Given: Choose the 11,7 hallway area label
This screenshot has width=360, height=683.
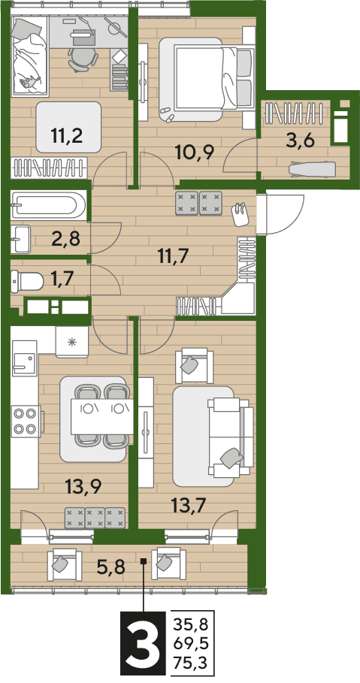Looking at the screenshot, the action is tap(174, 255).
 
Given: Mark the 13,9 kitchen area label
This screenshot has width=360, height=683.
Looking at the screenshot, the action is tap(83, 485).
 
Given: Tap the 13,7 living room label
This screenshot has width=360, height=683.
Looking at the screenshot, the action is tap(189, 507).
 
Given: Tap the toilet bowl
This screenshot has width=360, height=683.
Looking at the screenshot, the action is tap(27, 281).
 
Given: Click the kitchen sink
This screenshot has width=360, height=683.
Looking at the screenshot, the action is tap(24, 364).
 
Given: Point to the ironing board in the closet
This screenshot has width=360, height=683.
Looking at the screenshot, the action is tap(312, 168).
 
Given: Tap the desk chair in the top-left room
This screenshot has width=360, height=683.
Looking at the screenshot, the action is tap(81, 59).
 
